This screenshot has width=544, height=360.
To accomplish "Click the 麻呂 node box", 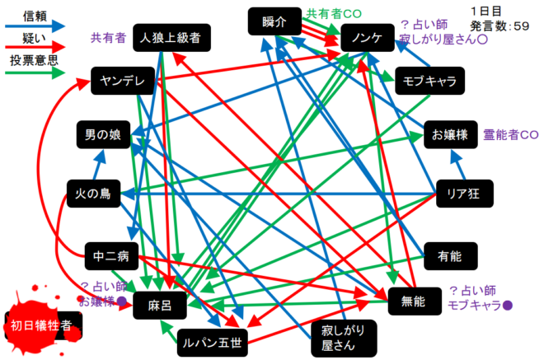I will pos(159,304).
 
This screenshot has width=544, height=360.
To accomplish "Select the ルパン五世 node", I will pos(209,339).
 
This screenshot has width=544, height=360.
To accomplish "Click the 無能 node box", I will pos(412,302).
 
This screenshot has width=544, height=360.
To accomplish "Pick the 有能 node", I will pos(450,257).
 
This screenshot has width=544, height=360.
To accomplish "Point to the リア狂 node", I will pos(462,194).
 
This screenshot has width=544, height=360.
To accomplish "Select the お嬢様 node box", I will pos(449,134).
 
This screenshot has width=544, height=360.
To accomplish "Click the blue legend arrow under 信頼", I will pos(34,26).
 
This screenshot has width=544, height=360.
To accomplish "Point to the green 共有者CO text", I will pos(333,13).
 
